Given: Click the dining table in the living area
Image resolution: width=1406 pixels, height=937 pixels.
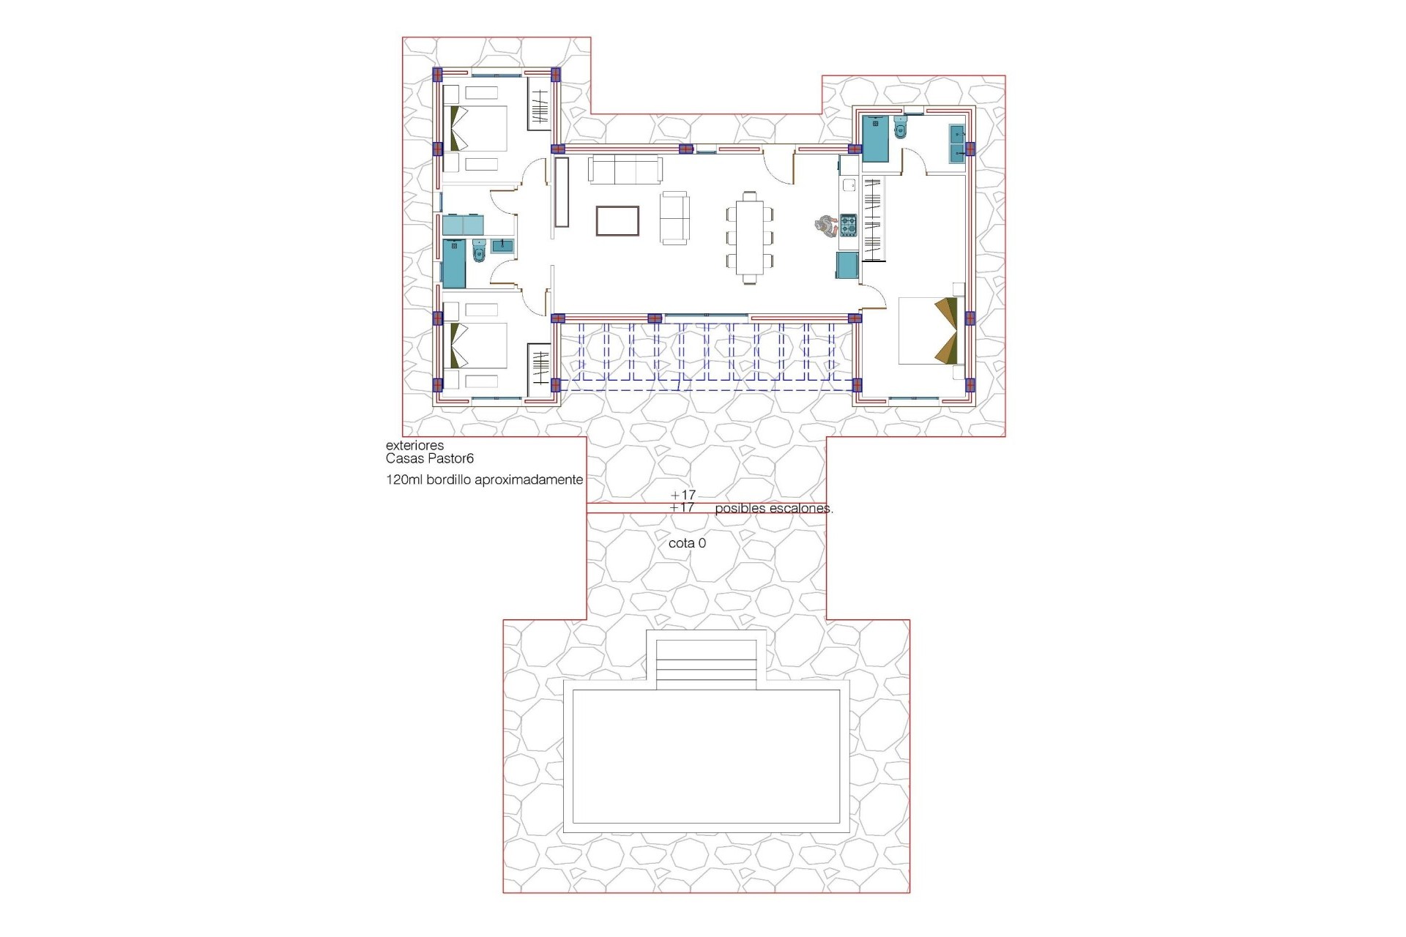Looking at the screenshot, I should (750, 237).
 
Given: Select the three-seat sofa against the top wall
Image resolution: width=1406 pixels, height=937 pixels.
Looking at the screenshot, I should (625, 170).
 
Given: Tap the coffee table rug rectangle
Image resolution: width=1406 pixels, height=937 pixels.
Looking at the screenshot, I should (617, 221).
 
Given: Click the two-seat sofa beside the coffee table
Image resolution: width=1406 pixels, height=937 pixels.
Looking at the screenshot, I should (674, 217).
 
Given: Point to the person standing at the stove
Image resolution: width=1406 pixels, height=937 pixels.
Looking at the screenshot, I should (826, 225).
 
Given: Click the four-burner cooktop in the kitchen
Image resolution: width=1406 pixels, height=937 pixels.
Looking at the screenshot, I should (848, 225).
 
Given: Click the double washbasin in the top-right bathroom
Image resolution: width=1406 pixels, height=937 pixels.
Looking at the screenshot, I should (956, 143).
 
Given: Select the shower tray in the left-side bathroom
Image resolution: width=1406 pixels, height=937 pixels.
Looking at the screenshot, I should (454, 264).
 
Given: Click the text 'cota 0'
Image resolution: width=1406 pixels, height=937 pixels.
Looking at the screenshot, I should (687, 544).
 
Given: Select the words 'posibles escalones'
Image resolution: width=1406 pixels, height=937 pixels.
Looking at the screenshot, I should (773, 509).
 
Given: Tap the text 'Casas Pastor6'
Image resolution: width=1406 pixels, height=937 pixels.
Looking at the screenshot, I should (430, 459).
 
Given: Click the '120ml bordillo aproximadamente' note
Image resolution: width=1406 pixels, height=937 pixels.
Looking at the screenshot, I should (484, 480).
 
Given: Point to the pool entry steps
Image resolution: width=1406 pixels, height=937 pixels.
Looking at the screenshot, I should (706, 663).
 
